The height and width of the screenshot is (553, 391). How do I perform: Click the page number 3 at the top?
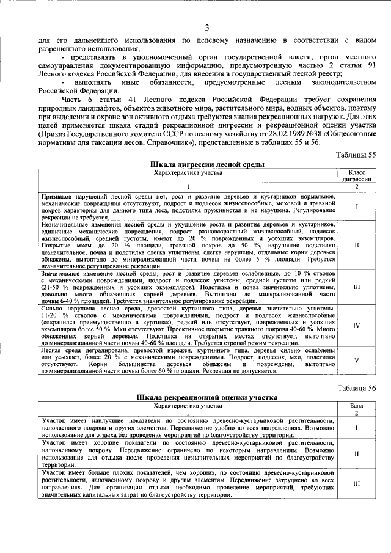click(x=206, y=27)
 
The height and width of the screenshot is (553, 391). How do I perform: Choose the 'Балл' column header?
click(x=356, y=405)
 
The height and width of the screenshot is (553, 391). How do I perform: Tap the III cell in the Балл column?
click(x=356, y=483)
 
